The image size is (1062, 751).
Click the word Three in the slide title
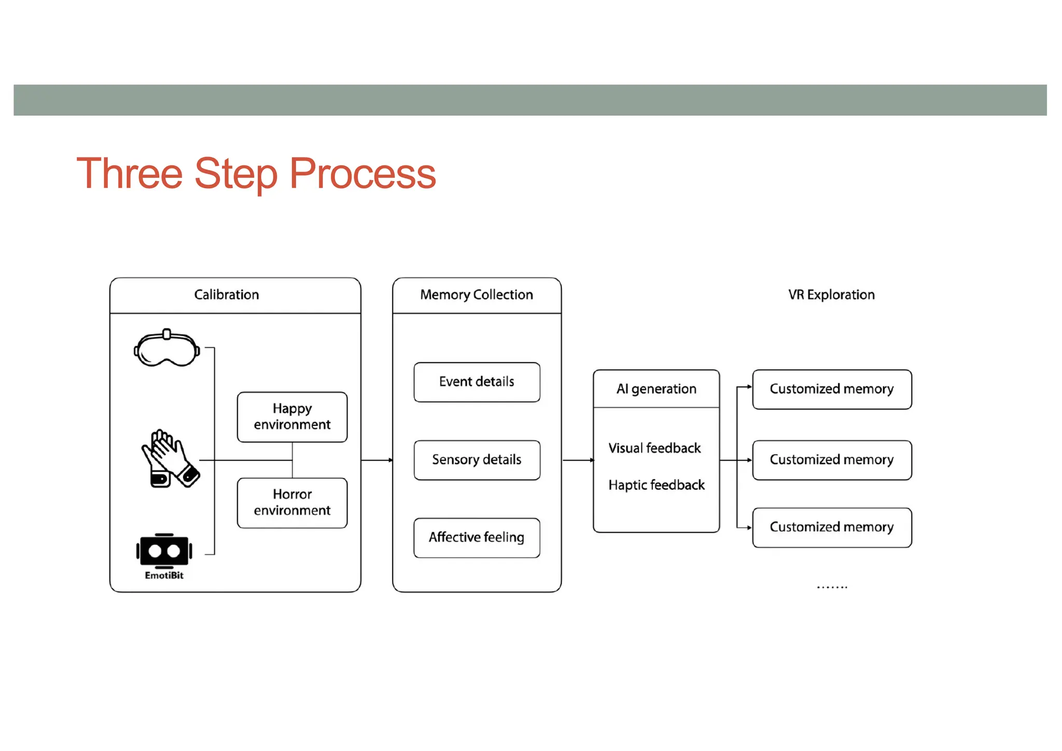[130, 174]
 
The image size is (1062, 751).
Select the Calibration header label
[227, 295]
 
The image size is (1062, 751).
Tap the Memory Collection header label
[477, 295]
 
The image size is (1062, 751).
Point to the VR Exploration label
[831, 295]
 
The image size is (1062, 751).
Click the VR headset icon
[166, 348]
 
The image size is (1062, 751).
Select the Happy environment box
[292, 416]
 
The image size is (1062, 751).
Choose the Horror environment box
[292, 502]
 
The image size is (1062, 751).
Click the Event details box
[477, 382]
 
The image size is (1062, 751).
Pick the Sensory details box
[477, 460]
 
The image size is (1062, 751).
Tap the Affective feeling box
[477, 537]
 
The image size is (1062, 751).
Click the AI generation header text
[656, 389]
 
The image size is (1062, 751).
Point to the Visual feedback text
[654, 448]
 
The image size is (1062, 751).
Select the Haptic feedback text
[656, 485]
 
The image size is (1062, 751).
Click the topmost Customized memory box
[832, 389]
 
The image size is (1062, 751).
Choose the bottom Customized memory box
[832, 527]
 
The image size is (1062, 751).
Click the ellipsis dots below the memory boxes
[832, 587]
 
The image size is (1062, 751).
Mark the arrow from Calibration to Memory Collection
[377, 460]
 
